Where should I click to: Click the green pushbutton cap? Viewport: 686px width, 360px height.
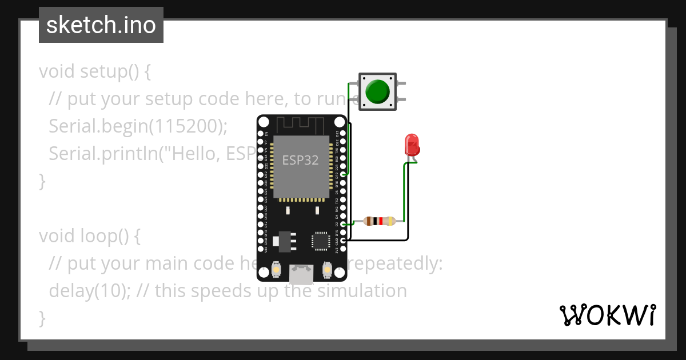pyautogui.click(x=377, y=91)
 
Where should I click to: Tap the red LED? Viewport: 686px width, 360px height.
pyautogui.click(x=412, y=145)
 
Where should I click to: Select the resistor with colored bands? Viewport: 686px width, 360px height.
pyautogui.click(x=378, y=221)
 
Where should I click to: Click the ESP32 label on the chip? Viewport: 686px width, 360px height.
pyautogui.click(x=300, y=160)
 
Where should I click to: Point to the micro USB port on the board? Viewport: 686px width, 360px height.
pyautogui.click(x=301, y=274)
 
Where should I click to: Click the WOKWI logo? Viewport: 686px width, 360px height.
pyautogui.click(x=607, y=315)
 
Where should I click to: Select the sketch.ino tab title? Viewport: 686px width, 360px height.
pyautogui.click(x=101, y=25)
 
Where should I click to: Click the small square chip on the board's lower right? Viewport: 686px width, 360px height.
pyautogui.click(x=320, y=241)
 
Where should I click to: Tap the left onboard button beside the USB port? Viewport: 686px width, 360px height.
pyautogui.click(x=277, y=269)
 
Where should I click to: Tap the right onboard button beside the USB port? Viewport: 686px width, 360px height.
pyautogui.click(x=328, y=269)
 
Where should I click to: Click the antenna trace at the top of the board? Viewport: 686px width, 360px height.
pyautogui.click(x=301, y=123)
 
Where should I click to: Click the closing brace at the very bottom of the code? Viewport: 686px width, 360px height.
pyautogui.click(x=42, y=317)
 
